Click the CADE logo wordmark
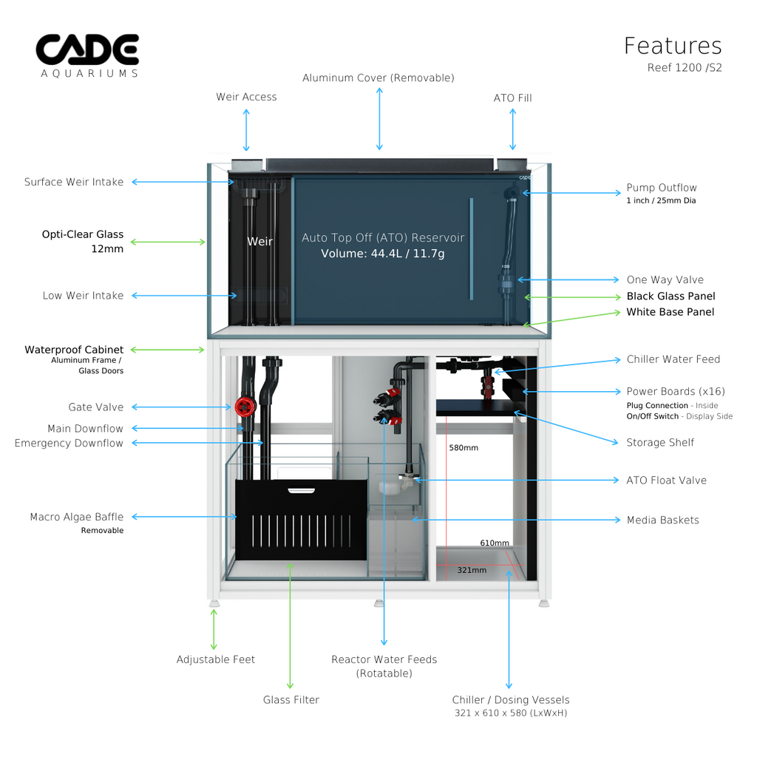87,50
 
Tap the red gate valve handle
244,407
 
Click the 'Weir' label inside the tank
259,241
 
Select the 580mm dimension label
464,447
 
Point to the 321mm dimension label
472,570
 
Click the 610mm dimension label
495,543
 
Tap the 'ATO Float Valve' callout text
666,480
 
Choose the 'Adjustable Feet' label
215,659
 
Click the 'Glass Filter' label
291,699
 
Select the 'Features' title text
673,46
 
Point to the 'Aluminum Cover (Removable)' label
378,78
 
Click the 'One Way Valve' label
665,279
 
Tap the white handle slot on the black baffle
300,489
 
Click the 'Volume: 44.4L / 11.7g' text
382,254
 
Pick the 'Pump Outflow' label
661,188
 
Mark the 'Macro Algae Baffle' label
76,517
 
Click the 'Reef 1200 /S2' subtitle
684,67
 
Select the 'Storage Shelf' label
660,442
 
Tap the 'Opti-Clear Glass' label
82,234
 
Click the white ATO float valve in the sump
393,486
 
